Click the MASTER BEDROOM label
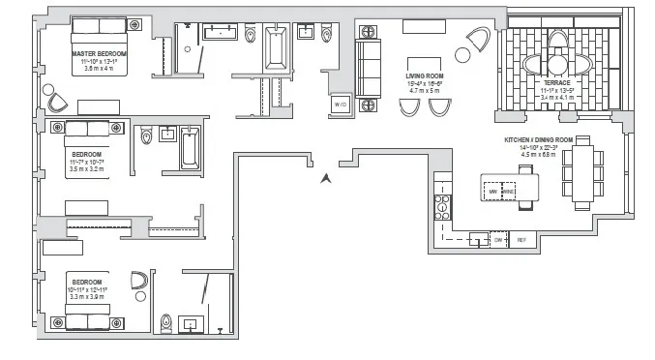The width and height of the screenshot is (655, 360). click(x=99, y=53)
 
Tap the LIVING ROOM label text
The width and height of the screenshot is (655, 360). click(x=424, y=75)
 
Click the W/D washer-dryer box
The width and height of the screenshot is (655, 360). click(x=340, y=105)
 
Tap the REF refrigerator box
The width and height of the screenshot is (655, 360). click(x=521, y=239)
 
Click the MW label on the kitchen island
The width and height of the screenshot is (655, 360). click(x=494, y=192)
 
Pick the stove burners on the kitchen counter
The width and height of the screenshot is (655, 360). click(x=442, y=205)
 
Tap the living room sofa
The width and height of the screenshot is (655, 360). click(x=369, y=62)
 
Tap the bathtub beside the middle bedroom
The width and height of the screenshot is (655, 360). click(x=190, y=145)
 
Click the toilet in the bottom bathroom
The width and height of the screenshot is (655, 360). click(x=166, y=322)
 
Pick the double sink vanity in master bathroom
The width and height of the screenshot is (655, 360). click(x=222, y=33)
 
